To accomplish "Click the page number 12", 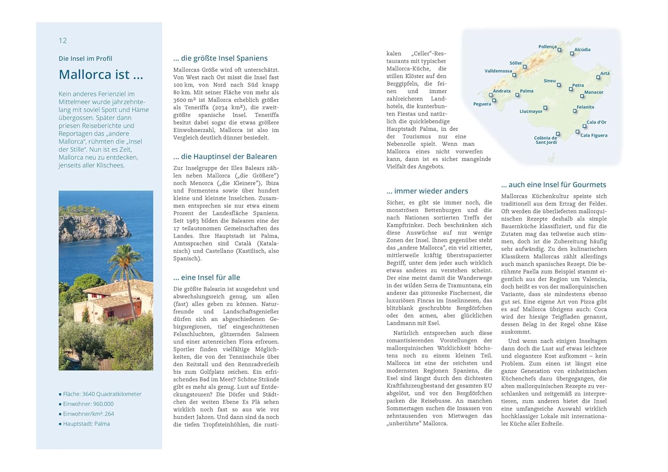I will point(63,40).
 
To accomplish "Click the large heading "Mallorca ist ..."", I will point(101,74).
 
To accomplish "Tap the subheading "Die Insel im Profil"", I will point(85,58).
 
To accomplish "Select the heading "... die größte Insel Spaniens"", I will point(220,58).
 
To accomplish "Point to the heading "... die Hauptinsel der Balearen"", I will point(225,157).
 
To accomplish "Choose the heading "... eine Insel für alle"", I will point(207,278).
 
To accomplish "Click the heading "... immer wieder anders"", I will point(427,191).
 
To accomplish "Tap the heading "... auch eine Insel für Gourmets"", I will point(553,185).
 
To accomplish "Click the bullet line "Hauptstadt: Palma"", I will point(86,424).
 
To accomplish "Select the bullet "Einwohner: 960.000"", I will point(88,404).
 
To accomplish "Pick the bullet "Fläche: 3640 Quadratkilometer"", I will point(102,394).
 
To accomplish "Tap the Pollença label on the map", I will point(547,47).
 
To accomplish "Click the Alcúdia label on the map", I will point(582,49).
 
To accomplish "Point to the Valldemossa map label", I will point(498,71).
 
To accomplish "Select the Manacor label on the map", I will point(594,93).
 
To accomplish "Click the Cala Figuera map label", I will point(594,135).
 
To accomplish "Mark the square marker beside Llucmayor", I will point(545,108).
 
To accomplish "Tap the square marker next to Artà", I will point(598,77).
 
